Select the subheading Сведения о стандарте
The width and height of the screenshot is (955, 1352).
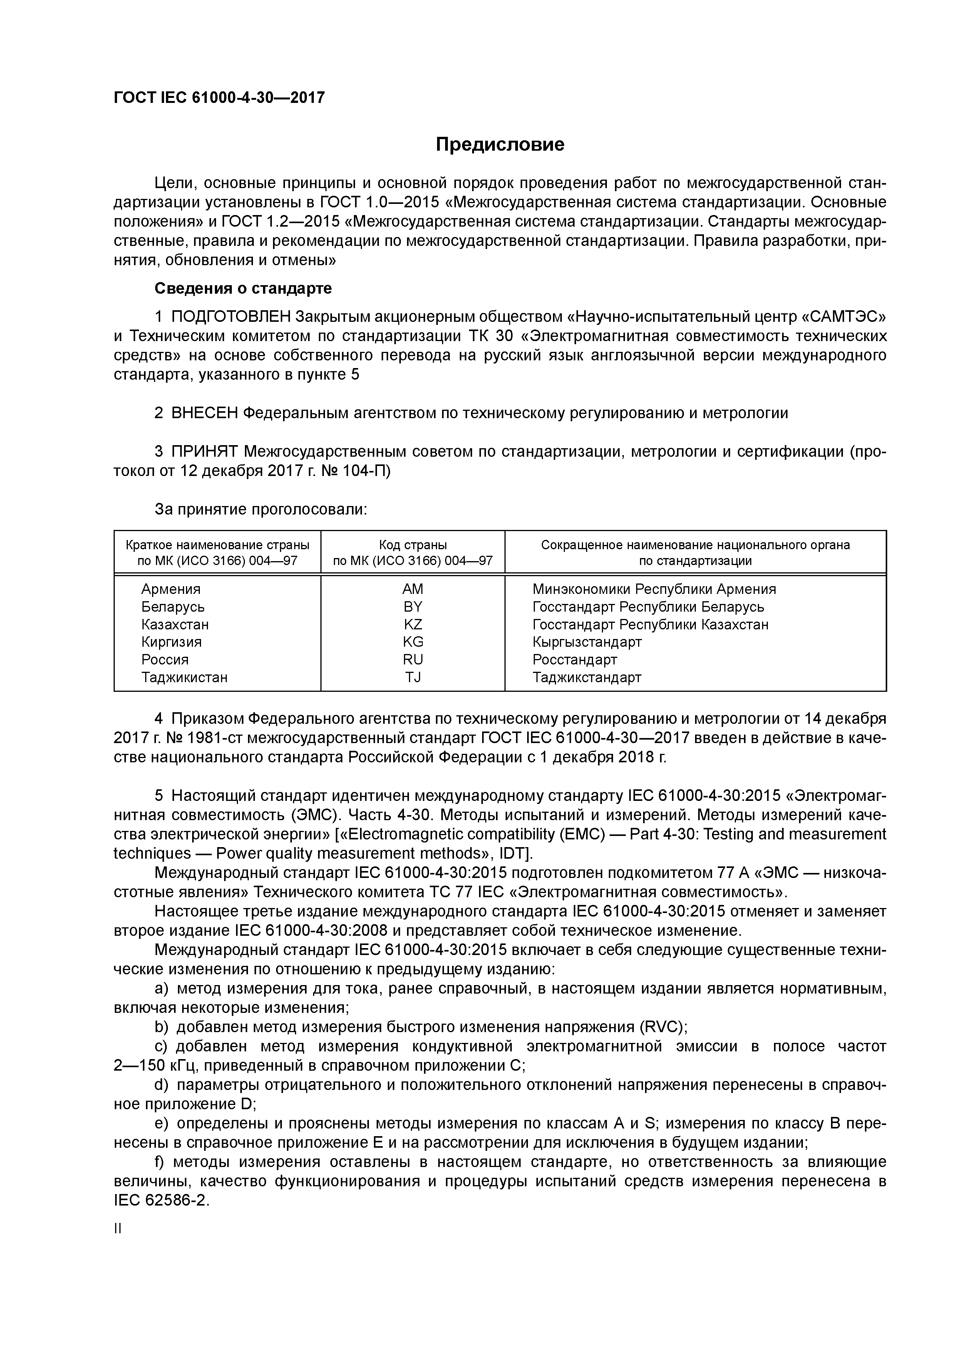[x=243, y=289]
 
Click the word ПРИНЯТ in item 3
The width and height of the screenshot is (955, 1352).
[x=204, y=452]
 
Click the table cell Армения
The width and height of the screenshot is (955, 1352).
[x=171, y=589]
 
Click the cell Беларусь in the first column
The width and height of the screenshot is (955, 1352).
[x=173, y=607]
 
